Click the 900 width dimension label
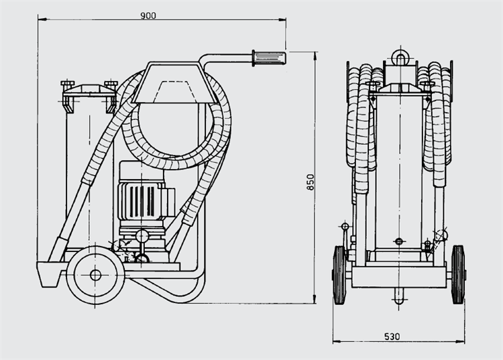pyautogui.click(x=148, y=15)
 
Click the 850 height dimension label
pyautogui.click(x=311, y=182)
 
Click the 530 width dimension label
pyautogui.click(x=392, y=337)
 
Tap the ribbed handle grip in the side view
pyautogui.click(x=269, y=58)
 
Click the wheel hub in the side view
pyautogui.click(x=95, y=275)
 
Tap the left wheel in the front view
pyautogui.click(x=339, y=275)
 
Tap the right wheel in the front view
pyautogui.click(x=458, y=275)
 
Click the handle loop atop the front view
pyautogui.click(x=400, y=58)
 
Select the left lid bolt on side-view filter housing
pyautogui.click(x=67, y=84)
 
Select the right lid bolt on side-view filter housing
pyautogui.click(x=111, y=84)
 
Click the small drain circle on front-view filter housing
pyautogui.click(x=399, y=241)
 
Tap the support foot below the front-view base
pyautogui.click(x=399, y=296)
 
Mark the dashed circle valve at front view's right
pyautogui.click(x=441, y=235)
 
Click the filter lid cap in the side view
pyautogui.click(x=89, y=90)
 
